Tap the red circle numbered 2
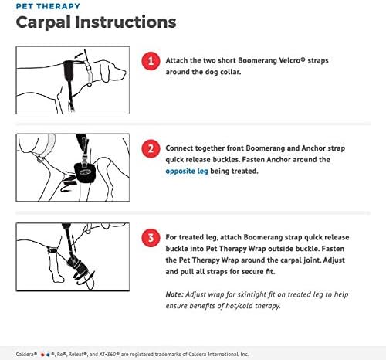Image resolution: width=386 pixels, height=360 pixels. click(151, 149)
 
